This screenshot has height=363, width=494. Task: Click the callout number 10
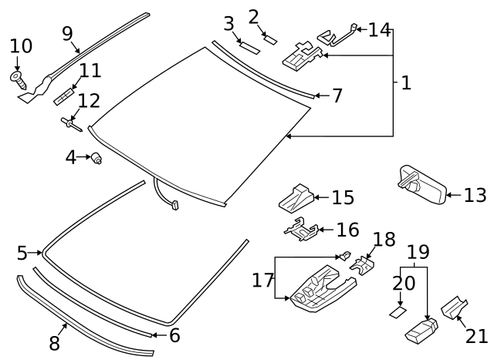(21, 46)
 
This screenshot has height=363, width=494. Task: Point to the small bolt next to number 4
(97, 159)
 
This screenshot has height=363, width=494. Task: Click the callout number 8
(54, 343)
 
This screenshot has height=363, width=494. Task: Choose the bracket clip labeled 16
(302, 228)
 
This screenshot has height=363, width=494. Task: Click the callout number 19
(418, 252)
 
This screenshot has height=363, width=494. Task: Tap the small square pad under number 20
(398, 312)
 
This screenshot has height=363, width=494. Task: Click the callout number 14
(379, 30)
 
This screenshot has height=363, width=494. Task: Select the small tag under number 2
(269, 35)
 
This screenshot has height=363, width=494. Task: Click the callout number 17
(262, 279)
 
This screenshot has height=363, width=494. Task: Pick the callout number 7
(337, 96)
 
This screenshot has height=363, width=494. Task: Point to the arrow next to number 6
(157, 334)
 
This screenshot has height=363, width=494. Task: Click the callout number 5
(22, 253)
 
